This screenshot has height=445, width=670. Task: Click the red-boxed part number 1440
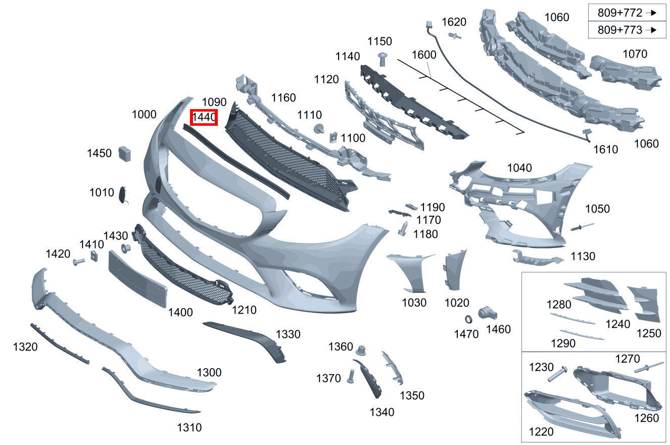pos(204,117)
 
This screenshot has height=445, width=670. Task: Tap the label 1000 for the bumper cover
pos(144,114)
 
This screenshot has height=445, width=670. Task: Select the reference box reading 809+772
pos(627,13)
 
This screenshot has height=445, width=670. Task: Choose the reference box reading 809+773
pos(627,30)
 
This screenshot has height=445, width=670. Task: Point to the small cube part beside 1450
pos(125,154)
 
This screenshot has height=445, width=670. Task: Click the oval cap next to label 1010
pos(123,194)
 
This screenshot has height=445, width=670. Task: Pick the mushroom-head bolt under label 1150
pos(382,59)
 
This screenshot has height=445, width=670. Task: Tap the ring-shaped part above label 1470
pos(468,319)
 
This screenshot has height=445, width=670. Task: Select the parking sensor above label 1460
pos(487,313)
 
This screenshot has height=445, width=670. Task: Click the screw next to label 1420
pos(79,262)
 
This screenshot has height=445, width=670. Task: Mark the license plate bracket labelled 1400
pos(137,279)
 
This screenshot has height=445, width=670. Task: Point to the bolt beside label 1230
pos(557,374)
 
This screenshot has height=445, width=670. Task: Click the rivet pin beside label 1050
pos(582,227)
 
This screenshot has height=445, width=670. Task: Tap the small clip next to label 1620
pos(455,36)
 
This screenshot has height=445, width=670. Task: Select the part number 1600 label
pos(424,55)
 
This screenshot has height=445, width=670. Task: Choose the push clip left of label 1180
pos(403,229)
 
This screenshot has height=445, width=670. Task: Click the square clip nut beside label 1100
pos(333,137)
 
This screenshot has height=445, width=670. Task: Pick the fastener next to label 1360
pos(361,351)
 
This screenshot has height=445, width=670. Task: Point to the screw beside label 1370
pos(351,376)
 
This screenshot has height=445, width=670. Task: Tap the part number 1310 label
pos(189,428)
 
